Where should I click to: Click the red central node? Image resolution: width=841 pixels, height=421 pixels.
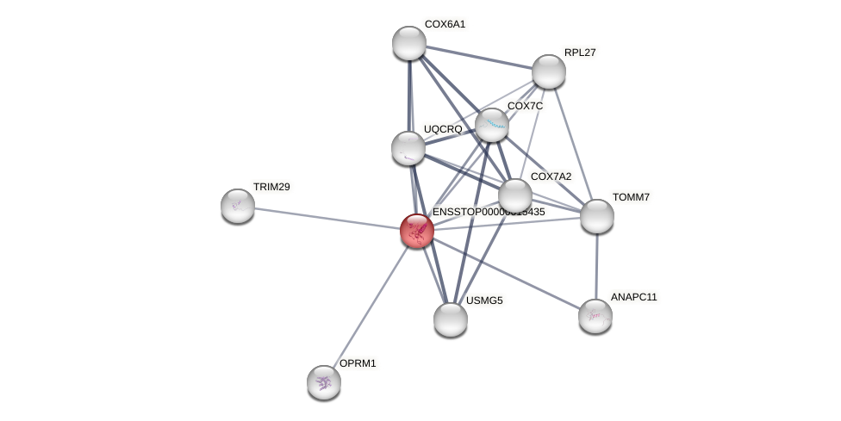[x=416, y=231]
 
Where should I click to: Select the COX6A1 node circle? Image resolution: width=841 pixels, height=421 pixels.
[x=409, y=43]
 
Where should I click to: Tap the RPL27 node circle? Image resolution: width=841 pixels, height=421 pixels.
[x=548, y=71]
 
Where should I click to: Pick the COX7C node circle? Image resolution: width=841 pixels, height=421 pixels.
[x=492, y=125]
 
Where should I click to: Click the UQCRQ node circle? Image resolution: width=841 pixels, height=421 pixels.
[x=408, y=148]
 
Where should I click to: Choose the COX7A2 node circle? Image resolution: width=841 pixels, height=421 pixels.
[x=515, y=195]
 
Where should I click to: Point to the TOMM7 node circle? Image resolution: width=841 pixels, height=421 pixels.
[x=596, y=216]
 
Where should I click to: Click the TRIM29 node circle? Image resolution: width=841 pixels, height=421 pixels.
[x=238, y=206]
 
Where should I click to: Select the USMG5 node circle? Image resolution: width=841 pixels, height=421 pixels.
[x=451, y=319]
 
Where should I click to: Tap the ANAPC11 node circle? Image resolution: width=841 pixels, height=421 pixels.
[x=595, y=316]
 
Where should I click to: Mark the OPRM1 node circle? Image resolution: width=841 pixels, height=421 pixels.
[x=324, y=382]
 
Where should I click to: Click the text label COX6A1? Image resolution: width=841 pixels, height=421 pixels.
[x=445, y=24]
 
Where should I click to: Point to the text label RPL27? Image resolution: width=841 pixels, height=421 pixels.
[x=580, y=53]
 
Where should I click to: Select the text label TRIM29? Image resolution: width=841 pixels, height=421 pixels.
[x=271, y=187]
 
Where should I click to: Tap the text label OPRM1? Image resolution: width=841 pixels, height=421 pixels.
[x=358, y=363]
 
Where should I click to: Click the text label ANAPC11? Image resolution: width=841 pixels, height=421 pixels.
[x=634, y=297]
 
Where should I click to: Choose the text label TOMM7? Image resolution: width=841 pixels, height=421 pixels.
[x=631, y=197]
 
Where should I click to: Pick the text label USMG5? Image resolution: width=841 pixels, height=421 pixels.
[x=484, y=300]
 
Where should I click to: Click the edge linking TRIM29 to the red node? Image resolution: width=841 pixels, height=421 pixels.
[x=327, y=219]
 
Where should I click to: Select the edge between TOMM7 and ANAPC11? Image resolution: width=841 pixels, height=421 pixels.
[x=596, y=266]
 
